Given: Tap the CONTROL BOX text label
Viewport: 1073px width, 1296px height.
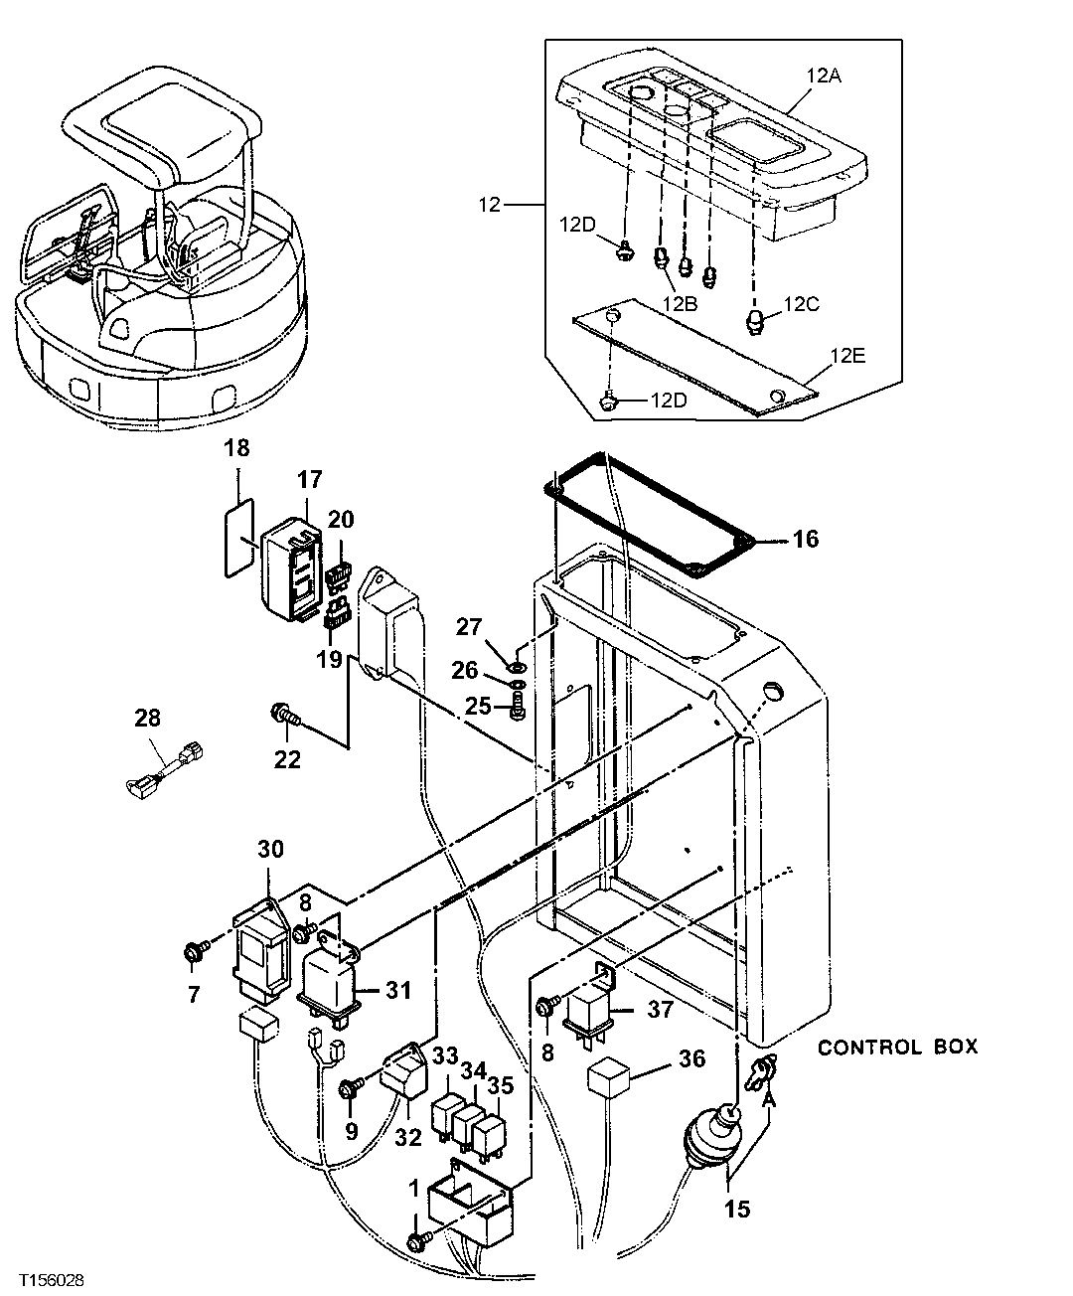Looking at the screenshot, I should coord(897,1047).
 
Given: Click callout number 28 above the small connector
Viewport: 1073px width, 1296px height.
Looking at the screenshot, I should coord(147,718).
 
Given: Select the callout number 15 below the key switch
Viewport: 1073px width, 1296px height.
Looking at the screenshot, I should coord(736,1209).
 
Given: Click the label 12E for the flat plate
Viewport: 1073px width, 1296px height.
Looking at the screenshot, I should coord(850,355).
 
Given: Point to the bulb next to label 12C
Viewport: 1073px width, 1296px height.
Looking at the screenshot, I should coord(756,321).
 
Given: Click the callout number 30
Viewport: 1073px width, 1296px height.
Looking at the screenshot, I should coord(270,849).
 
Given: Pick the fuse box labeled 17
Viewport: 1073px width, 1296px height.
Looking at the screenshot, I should coord(290,567).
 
